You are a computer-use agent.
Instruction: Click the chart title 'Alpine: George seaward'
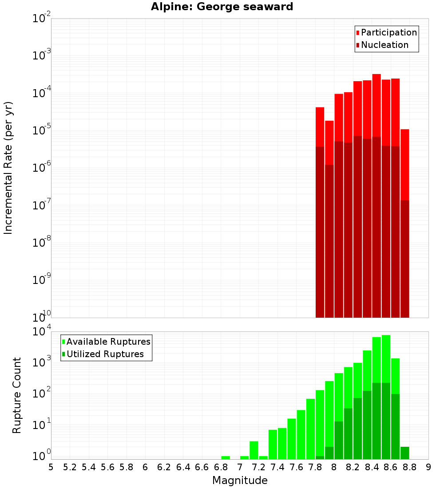coord(222,7)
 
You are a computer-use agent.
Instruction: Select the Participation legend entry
coord(386,32)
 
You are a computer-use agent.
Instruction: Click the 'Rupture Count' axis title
coord(17,395)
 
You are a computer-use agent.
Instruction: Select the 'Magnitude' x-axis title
coord(240,480)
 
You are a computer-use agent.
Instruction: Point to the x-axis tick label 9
coord(428,467)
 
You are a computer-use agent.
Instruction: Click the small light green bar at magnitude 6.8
coord(226,457)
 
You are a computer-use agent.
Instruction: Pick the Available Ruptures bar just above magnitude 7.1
coord(254,450)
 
